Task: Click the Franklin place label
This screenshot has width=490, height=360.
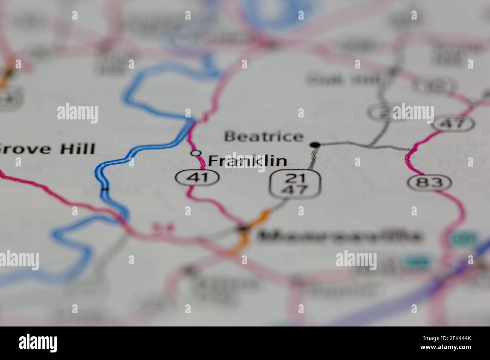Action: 247,161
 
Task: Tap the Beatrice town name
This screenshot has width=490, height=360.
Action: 263,136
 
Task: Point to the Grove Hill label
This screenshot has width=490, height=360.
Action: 47,149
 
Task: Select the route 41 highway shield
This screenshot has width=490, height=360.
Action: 198,177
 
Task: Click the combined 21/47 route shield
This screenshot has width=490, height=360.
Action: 295,184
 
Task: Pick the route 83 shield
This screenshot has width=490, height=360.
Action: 430,183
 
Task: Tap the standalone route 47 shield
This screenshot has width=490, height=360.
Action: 453,124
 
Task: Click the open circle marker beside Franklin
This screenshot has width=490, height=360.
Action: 195,153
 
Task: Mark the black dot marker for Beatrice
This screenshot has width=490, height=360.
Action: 315,145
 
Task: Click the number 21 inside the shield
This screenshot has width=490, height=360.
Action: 295,178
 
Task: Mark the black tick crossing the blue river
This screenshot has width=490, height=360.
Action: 105,189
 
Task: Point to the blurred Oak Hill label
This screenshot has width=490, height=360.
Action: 343,79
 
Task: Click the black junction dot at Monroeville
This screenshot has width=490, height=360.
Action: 243,228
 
